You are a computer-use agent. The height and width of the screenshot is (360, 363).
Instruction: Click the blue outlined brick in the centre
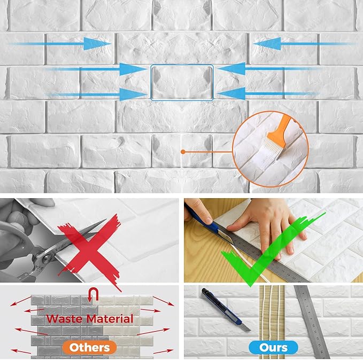(182, 83)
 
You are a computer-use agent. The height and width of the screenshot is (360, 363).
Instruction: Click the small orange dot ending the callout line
(183, 152)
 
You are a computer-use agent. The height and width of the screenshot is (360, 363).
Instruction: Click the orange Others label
(89, 347)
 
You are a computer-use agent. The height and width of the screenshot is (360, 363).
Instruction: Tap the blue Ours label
(273, 347)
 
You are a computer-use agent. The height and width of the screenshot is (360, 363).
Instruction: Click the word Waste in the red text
(66, 319)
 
